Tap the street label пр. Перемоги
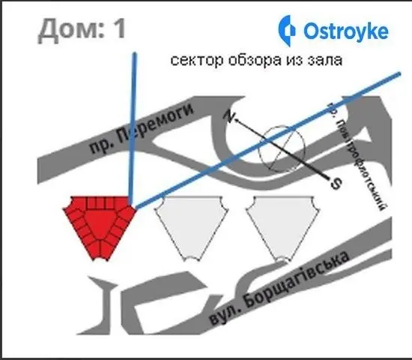coord(142,128)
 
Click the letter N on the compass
coord(229,116)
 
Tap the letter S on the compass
coord(336,184)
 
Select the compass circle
coord(282,148)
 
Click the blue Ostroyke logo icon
coord(286,31)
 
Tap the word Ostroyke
coord(346,31)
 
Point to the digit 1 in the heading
coord(119,28)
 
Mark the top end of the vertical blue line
coord(135,53)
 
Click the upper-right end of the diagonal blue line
coord(399,74)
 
